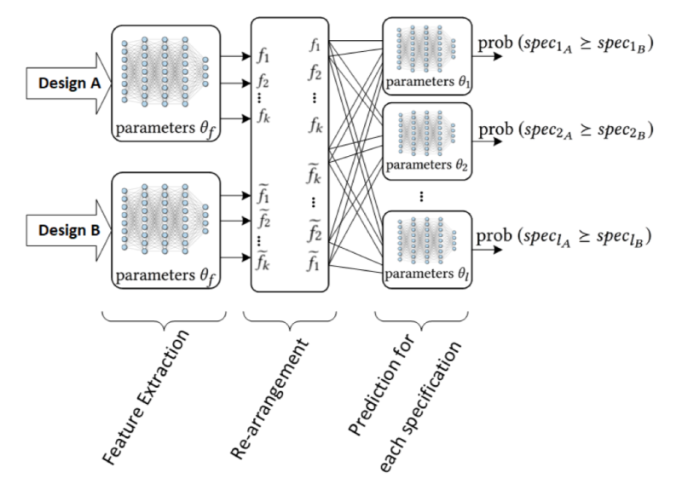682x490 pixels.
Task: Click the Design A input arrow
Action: click(x=56, y=84)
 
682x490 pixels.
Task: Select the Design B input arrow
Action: click(x=56, y=230)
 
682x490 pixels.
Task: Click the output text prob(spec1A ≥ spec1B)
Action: click(x=566, y=45)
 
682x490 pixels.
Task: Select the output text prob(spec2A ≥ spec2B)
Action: click(x=566, y=130)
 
